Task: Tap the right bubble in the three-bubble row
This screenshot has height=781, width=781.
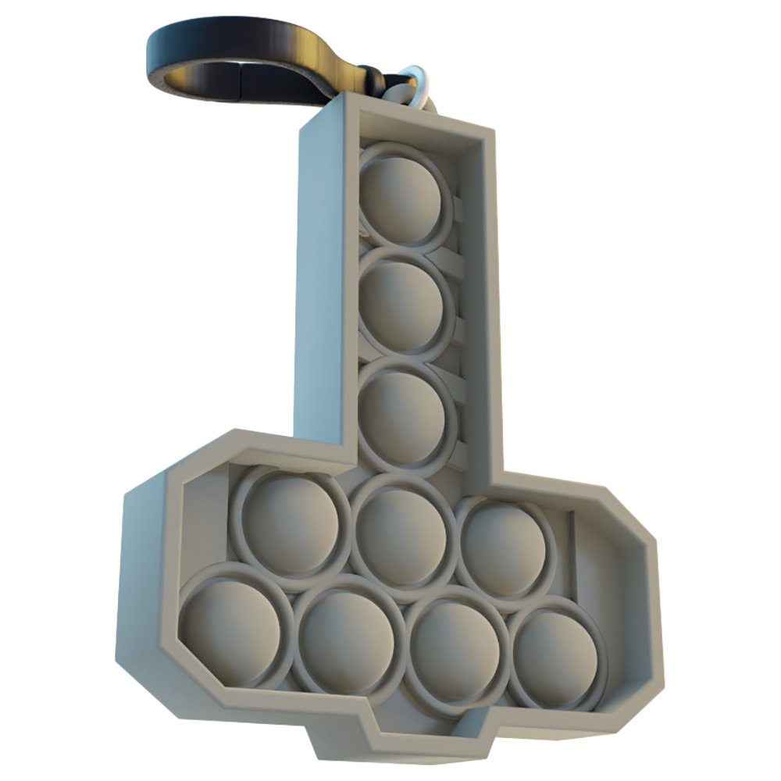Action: point(505,547)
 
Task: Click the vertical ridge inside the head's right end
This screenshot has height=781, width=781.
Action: point(574,547)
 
